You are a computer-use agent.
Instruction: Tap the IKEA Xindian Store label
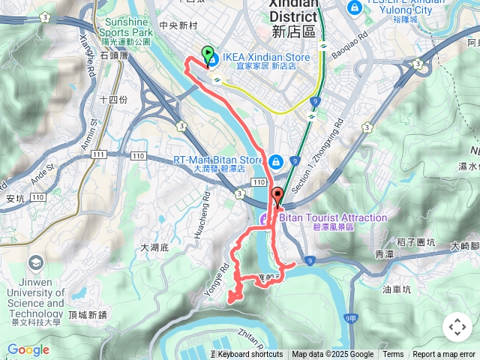(x=265, y=57)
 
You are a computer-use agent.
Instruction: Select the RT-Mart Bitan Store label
(x=217, y=160)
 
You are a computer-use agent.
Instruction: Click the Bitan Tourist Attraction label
(x=332, y=217)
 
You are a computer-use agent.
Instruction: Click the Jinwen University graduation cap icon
(x=34, y=263)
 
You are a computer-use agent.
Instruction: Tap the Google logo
(x=28, y=349)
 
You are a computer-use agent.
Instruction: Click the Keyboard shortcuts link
(x=250, y=355)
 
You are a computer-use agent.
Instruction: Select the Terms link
(x=393, y=355)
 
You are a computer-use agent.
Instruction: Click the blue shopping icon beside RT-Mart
(x=275, y=161)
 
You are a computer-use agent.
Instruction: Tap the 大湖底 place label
(x=155, y=247)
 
